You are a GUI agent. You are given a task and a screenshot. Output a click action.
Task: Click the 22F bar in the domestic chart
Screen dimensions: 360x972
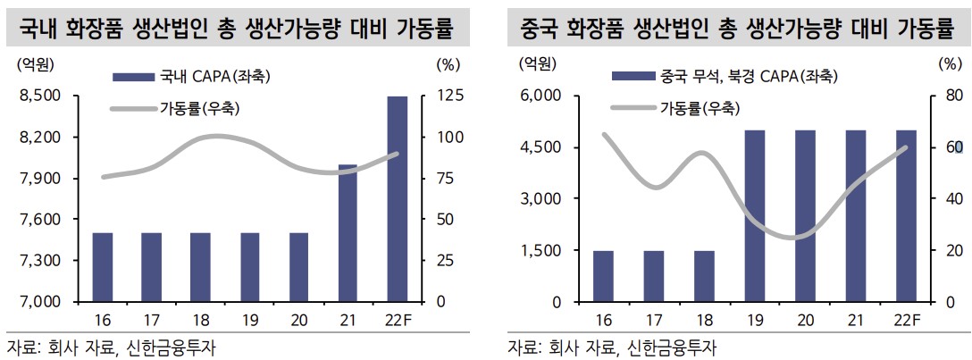click(398, 198)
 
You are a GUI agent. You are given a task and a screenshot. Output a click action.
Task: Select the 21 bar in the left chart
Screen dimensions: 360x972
click(348, 233)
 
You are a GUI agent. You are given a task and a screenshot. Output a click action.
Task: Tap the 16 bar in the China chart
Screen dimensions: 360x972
click(604, 276)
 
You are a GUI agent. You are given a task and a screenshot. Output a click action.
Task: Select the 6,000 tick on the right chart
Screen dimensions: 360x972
click(539, 96)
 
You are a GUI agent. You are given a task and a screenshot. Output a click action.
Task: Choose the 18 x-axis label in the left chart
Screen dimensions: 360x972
click(201, 321)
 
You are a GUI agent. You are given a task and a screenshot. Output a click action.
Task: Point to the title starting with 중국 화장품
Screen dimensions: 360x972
click(738, 29)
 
